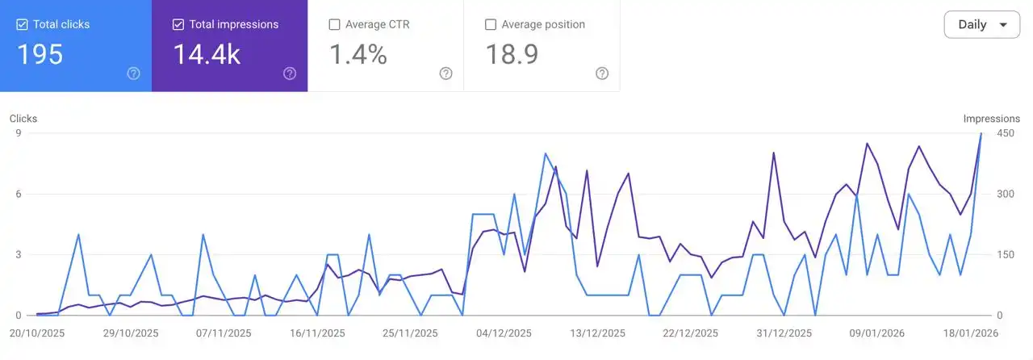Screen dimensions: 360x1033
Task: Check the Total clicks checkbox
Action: click(x=23, y=24)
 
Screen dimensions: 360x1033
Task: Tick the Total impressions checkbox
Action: click(x=178, y=24)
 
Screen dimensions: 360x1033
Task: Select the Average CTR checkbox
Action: click(x=335, y=24)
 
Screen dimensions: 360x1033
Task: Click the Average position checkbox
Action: click(x=491, y=24)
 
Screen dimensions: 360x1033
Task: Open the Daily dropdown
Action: click(x=981, y=24)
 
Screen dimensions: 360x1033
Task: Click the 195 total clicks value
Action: click(x=40, y=54)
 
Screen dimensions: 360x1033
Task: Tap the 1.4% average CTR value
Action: click(x=358, y=54)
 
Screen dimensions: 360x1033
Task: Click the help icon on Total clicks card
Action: click(x=134, y=73)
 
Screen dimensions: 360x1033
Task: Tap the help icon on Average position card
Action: click(x=602, y=73)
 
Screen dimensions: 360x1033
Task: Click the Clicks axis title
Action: click(x=23, y=119)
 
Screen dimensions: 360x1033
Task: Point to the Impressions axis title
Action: click(x=991, y=119)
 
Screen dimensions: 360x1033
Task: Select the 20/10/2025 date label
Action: click(x=37, y=333)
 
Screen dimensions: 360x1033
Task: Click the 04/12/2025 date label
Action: click(x=504, y=333)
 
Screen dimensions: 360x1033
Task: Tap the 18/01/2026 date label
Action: click(x=972, y=333)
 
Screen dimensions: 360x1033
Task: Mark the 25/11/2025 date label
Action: click(x=410, y=333)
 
